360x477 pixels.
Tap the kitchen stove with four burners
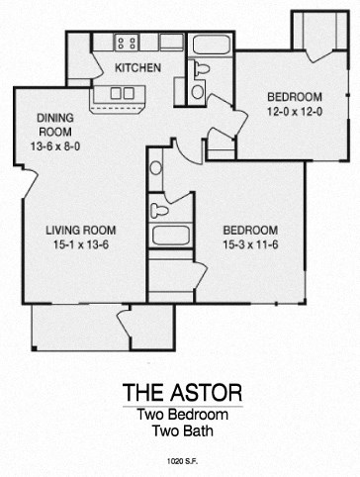(x=127, y=43)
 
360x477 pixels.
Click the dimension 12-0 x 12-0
(x=296, y=111)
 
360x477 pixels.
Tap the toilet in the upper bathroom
(x=202, y=68)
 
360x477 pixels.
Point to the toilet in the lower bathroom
(x=158, y=210)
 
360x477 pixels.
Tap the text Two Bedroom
(x=180, y=415)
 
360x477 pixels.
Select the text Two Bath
(x=180, y=430)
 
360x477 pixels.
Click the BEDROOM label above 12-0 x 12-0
(x=296, y=96)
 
